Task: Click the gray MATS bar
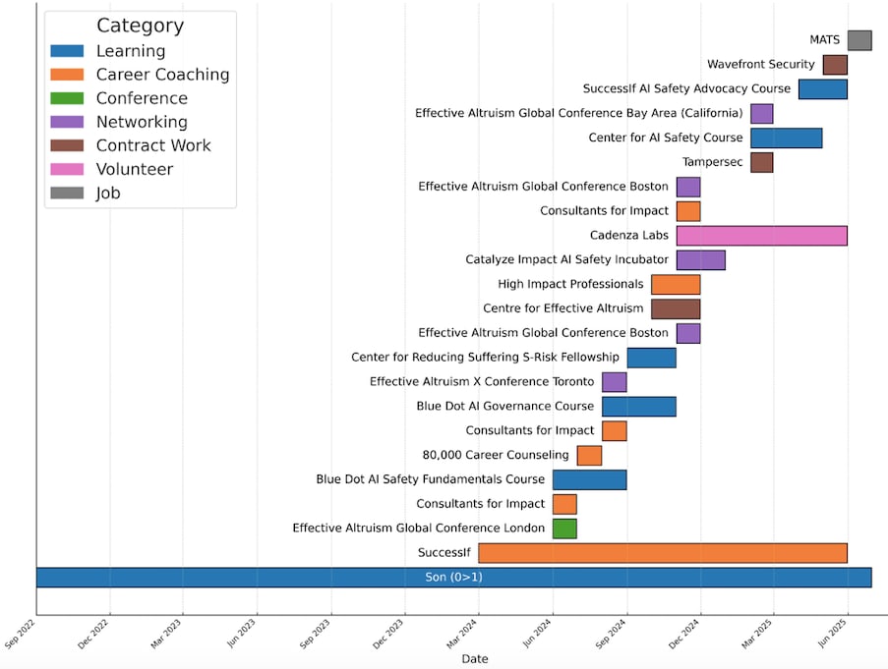coord(859,40)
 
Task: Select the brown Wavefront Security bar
coord(835,65)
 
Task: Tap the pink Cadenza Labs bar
coord(761,235)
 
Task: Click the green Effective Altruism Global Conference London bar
coord(564,529)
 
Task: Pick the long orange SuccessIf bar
coord(663,553)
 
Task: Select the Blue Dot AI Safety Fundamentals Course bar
coord(589,479)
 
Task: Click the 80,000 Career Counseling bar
coord(589,455)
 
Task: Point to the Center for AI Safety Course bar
coord(786,138)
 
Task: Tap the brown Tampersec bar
coord(761,162)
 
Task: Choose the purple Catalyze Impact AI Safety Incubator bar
coord(700,259)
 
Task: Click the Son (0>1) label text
coord(453,578)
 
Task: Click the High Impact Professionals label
coord(570,284)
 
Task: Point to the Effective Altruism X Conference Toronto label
coord(482,381)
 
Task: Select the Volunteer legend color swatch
coord(67,169)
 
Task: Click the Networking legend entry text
coord(142,122)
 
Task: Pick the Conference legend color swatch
coord(67,98)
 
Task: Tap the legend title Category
coord(140,27)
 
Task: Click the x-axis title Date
coord(474,659)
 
